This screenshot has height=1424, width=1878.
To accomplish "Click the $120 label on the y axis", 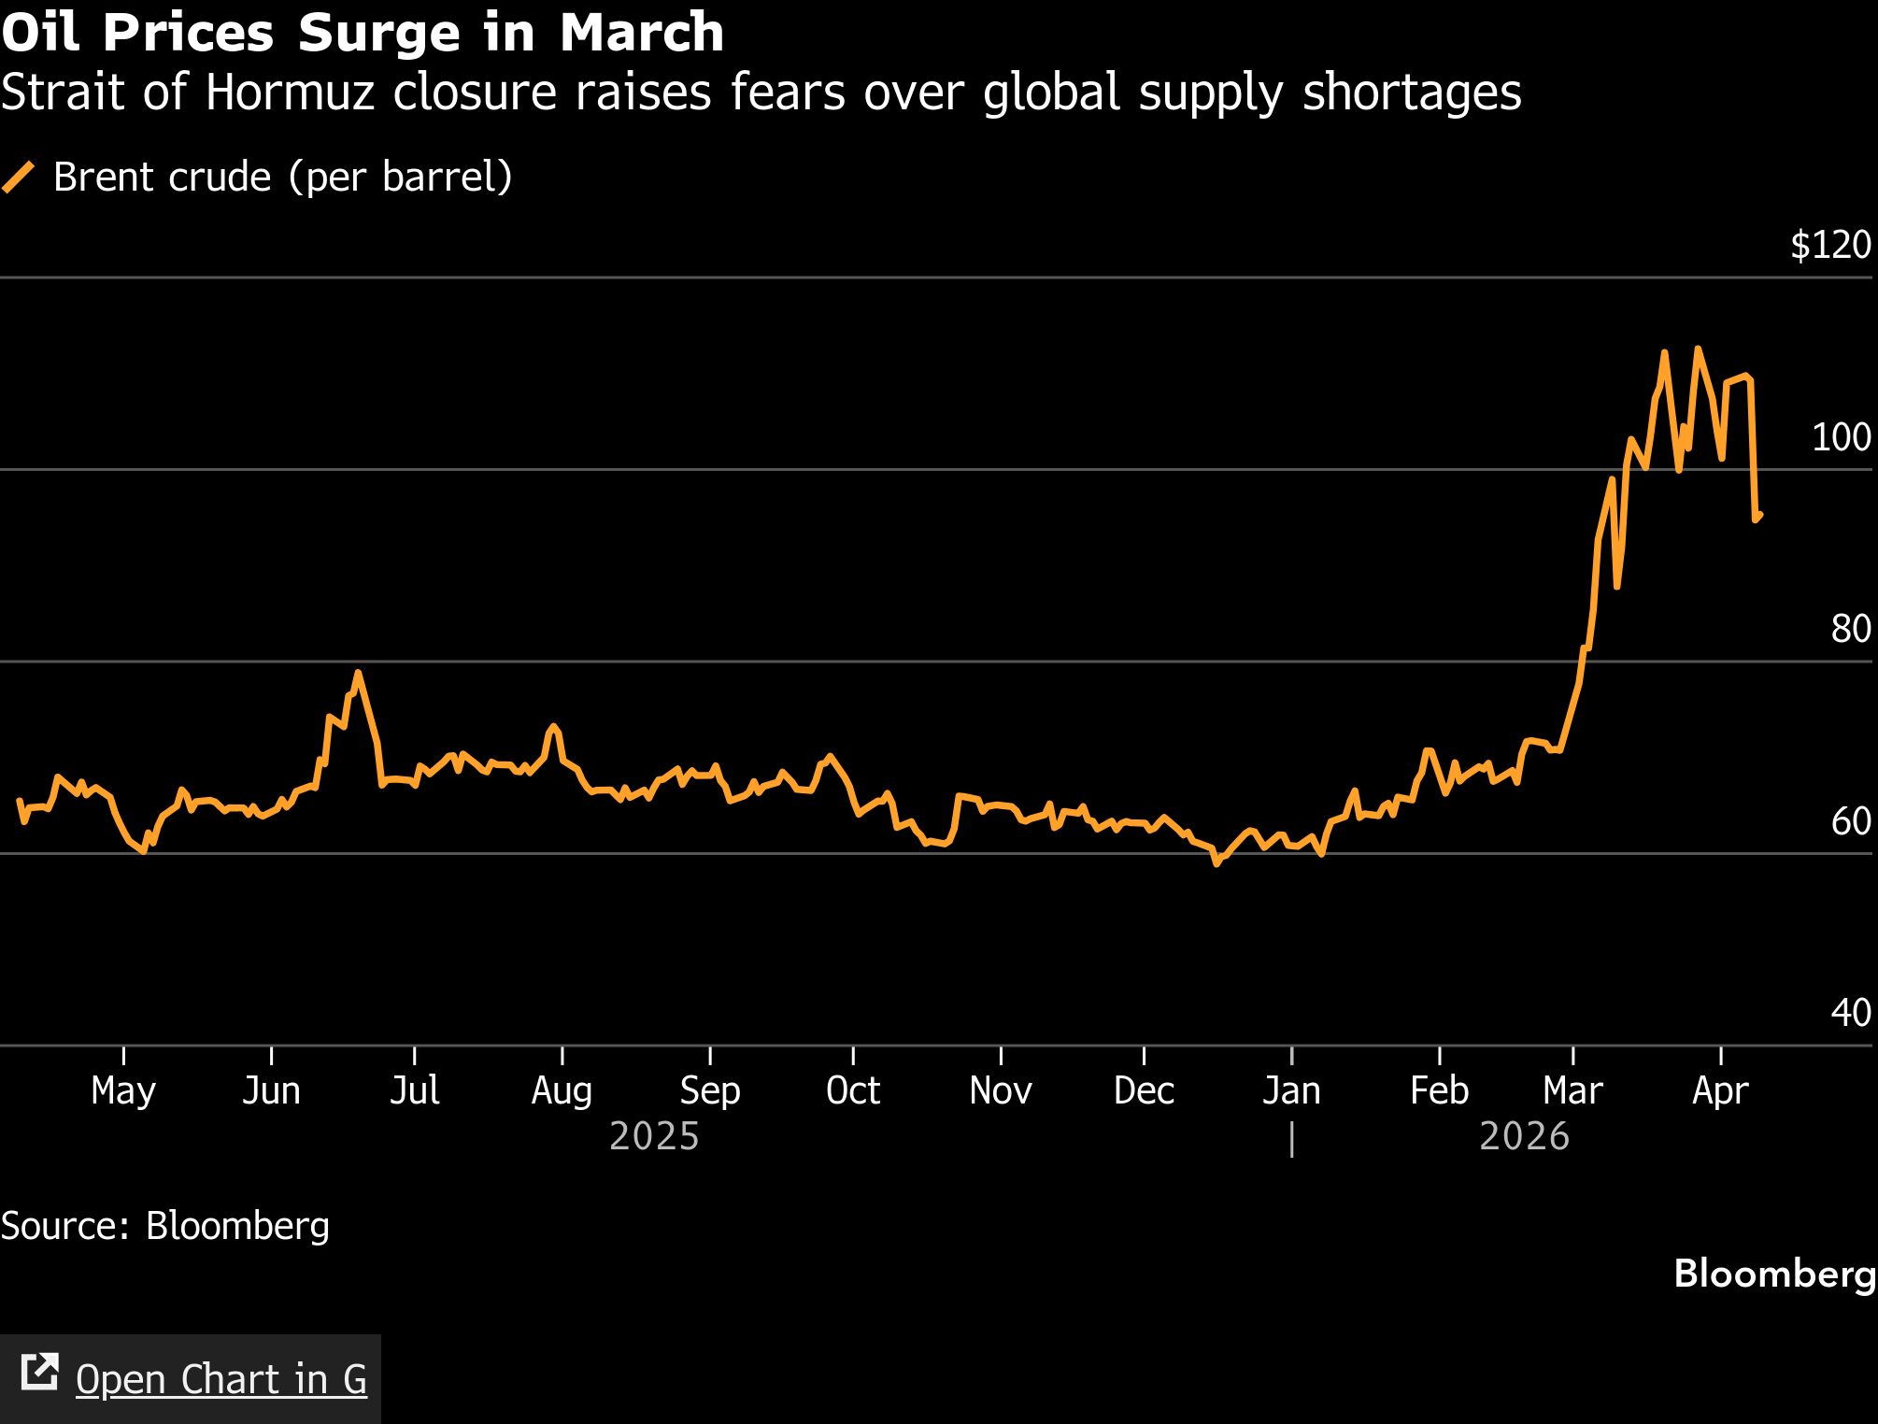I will [x=1829, y=246].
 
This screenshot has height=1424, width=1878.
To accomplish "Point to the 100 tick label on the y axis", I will [x=1841, y=437].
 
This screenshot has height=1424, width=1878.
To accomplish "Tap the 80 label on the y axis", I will [x=1850, y=630].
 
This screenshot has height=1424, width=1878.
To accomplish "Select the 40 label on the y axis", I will [x=1850, y=1013].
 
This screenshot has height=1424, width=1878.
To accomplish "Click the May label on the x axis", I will [x=123, y=1090].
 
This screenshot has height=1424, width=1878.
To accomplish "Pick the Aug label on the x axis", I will [x=562, y=1090].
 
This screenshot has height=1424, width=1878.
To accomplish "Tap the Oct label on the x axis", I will [x=853, y=1090].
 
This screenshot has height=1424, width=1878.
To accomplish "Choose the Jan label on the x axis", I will [x=1291, y=1090].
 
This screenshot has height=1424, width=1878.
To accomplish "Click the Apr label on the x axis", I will [x=1720, y=1090].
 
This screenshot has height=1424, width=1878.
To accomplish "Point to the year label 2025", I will [x=654, y=1137].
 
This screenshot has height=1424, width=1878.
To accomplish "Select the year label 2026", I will [x=1525, y=1137].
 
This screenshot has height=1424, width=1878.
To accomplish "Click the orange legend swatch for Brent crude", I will [x=19, y=177].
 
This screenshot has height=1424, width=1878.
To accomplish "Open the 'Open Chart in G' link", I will [x=221, y=1379].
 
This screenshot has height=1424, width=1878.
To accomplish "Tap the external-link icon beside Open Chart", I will [x=39, y=1372].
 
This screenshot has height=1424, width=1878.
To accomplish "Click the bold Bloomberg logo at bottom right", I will [x=1774, y=1274].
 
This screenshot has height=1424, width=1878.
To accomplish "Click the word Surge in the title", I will [x=379, y=33].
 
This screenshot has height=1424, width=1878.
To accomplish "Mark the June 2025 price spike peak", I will [x=358, y=673].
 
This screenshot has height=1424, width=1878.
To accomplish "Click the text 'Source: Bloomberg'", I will [x=165, y=1226].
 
